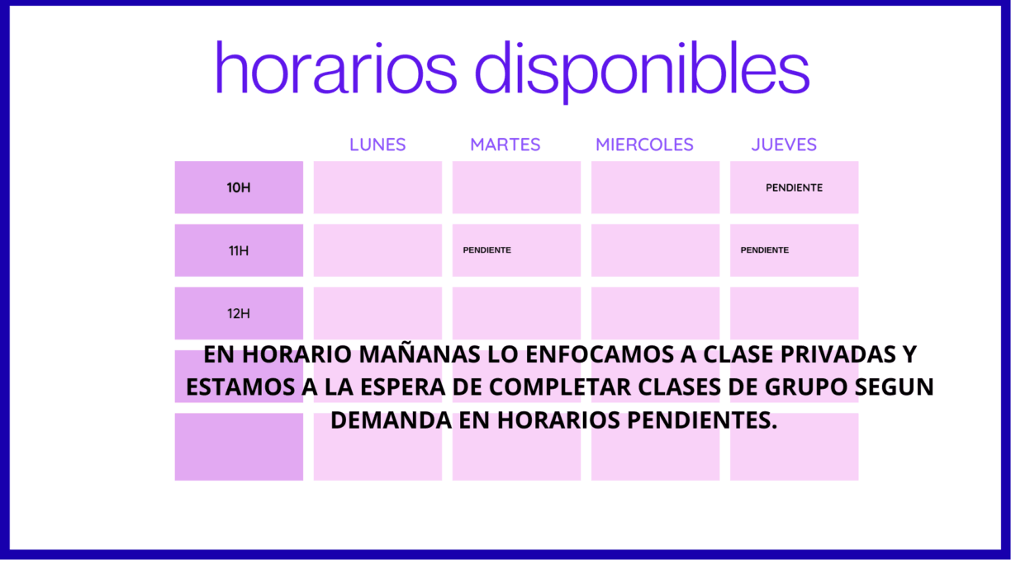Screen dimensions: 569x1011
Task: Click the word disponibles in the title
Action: [642, 69]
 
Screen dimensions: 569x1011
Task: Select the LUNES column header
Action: [377, 145]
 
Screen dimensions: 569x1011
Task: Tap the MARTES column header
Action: [505, 145]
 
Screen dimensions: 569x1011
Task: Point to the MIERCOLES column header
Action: [644, 145]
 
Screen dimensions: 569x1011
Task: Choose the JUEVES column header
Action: [784, 145]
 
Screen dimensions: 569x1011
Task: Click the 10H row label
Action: [239, 187]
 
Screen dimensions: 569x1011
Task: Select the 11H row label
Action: [239, 250]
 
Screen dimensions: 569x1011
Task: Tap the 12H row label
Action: [239, 313]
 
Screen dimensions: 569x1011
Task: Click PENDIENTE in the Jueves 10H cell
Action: [794, 187]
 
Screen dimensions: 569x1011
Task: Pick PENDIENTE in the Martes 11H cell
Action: [487, 250]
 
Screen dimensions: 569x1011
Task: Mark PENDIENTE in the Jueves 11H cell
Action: [764, 250]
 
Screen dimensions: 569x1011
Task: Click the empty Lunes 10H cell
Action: [377, 187]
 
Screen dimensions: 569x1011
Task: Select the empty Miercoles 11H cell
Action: [655, 250]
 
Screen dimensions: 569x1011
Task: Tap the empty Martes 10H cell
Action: [516, 187]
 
